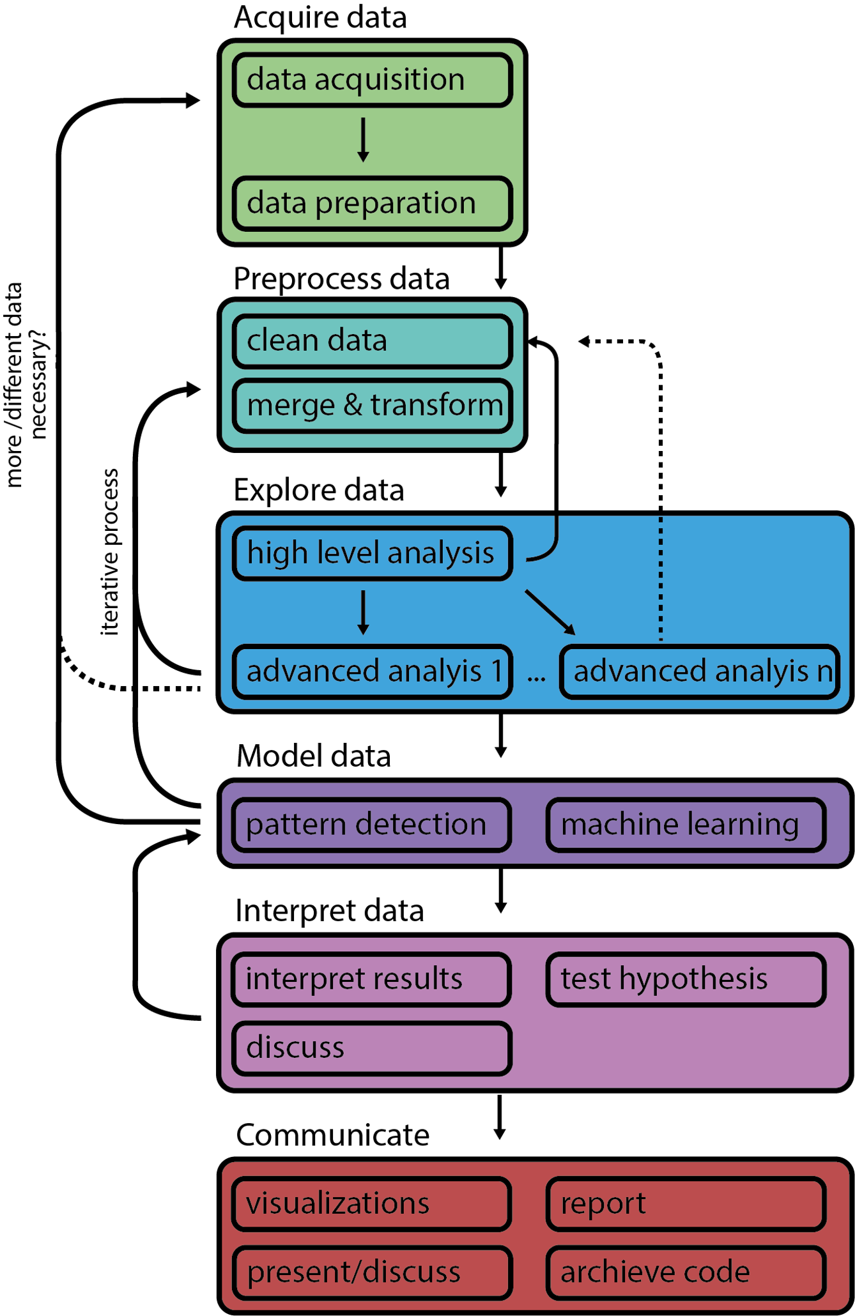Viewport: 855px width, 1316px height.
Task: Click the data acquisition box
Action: [x=372, y=80]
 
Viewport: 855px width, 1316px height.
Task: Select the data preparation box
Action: [x=372, y=204]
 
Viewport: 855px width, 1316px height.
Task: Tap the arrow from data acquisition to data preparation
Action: [x=363, y=139]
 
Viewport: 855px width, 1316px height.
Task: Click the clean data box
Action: [x=372, y=341]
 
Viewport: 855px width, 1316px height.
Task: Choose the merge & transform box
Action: [x=372, y=406]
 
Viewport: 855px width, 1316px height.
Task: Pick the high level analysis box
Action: [x=372, y=553]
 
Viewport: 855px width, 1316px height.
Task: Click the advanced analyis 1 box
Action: [x=372, y=672]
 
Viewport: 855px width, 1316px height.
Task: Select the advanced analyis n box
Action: [x=699, y=672]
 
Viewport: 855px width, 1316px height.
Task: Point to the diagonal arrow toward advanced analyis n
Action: [x=550, y=612]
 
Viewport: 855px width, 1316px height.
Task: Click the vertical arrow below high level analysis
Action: [x=363, y=612]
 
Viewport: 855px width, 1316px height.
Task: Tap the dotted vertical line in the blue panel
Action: [x=660, y=578]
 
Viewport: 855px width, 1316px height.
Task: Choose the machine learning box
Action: [x=686, y=825]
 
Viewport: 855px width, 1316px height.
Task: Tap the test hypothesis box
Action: [x=686, y=979]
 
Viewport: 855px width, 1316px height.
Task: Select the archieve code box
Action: [x=686, y=1273]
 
